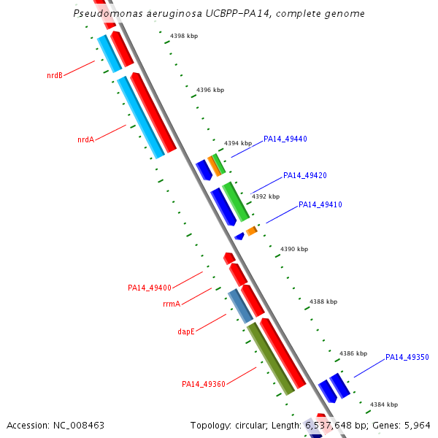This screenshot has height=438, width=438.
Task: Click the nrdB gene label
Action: pos(54,75)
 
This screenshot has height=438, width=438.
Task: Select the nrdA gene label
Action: pos(85,139)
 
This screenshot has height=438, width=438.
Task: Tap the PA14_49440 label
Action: pos(285,139)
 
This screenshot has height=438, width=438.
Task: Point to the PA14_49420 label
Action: pos(304,175)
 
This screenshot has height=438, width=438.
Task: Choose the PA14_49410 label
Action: pos(320,204)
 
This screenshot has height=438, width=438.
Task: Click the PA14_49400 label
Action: pos(150,288)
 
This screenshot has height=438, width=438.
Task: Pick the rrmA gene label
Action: pos(172,304)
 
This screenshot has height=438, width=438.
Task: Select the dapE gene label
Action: pos(186,331)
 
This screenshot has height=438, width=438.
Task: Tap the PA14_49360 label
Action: pos(204,384)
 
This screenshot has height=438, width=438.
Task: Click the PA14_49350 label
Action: pos(407,357)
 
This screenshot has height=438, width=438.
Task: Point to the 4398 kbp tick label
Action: pos(184,36)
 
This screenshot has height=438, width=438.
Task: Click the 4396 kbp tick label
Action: pos(211,90)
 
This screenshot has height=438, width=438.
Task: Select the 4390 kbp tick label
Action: pos(294,249)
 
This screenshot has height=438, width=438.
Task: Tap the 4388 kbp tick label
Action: pos(323,301)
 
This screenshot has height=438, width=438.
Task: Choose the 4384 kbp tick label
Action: pos(384,404)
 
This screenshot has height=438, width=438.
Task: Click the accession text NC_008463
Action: pos(78,425)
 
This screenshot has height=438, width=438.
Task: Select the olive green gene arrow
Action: pos(270,358)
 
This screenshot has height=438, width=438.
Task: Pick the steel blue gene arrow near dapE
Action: pos(240,305)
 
